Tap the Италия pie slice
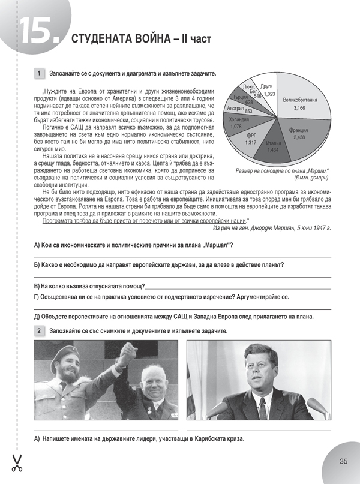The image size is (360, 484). (x=274, y=146)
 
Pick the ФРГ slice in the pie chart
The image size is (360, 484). (x=252, y=139)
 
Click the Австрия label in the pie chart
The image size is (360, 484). (x=236, y=108)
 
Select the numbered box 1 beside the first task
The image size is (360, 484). (x=39, y=73)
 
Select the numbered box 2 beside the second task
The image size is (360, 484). (x=39, y=331)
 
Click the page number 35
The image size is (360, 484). (x=343, y=461)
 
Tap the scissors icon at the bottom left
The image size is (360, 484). (x=16, y=461)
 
